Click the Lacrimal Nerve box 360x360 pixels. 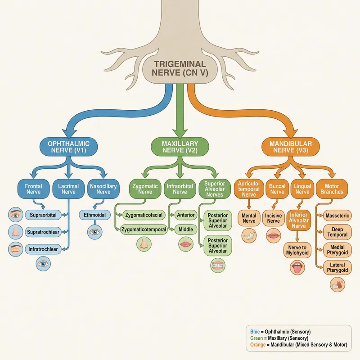[68, 189]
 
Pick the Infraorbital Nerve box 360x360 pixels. [180, 189]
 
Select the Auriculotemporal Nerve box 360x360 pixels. [249, 189]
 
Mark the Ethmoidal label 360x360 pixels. [94, 215]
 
